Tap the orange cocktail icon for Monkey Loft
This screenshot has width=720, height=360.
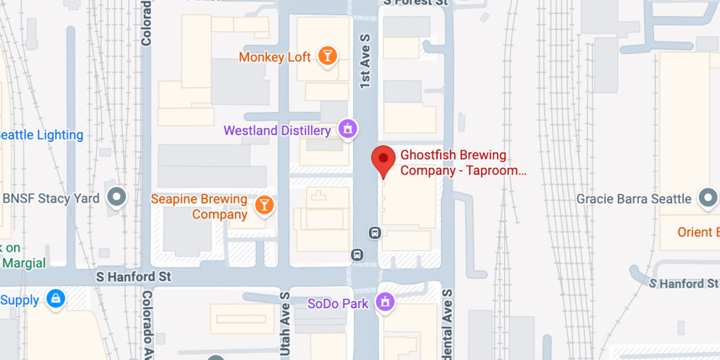[327, 56]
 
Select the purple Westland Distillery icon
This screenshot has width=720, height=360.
[347, 129]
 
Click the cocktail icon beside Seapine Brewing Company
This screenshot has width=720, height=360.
[264, 205]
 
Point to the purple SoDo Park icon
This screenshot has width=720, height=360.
[385, 302]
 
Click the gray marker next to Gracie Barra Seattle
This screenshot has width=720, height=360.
[707, 198]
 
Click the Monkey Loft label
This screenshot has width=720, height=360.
[274, 57]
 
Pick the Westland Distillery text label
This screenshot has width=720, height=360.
[277, 131]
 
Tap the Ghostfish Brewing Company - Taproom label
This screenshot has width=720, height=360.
[463, 162]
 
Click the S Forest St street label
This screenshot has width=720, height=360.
[416, 3]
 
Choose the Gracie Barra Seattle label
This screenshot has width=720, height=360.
[634, 199]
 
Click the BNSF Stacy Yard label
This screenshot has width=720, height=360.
[51, 198]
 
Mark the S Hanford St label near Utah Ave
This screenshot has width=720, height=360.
[134, 277]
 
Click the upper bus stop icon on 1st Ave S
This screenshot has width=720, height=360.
[375, 232]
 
